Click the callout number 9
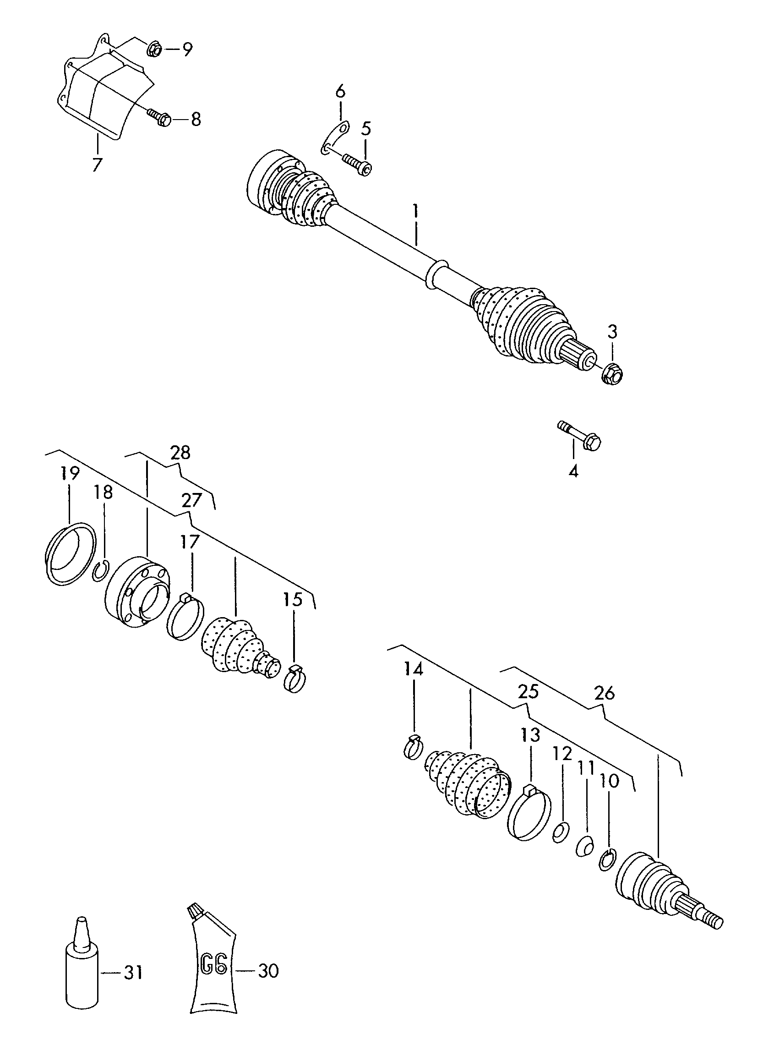187,49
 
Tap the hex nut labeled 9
154,48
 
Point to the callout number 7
97,164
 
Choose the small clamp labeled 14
413,748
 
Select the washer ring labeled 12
561,832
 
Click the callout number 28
180,453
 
